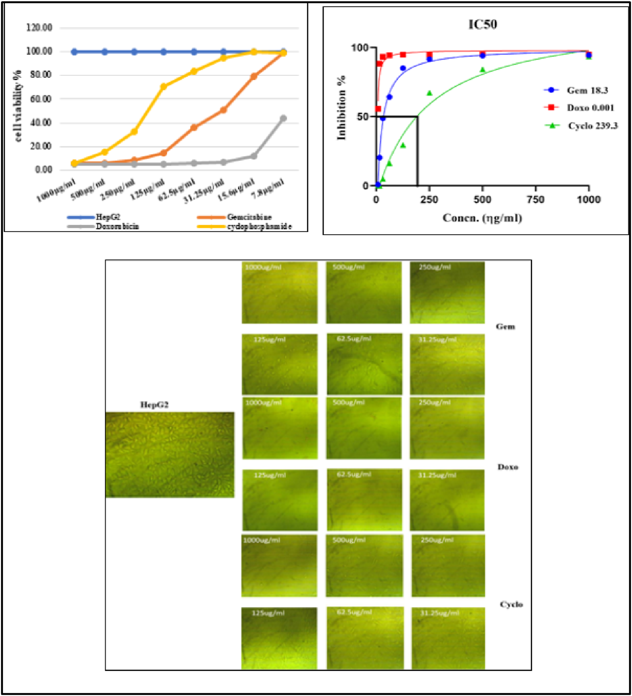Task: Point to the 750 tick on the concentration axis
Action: point(536,199)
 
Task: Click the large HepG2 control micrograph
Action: point(170,455)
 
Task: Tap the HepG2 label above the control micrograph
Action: point(154,405)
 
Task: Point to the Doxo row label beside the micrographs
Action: point(508,467)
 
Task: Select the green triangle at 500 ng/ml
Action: point(482,70)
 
